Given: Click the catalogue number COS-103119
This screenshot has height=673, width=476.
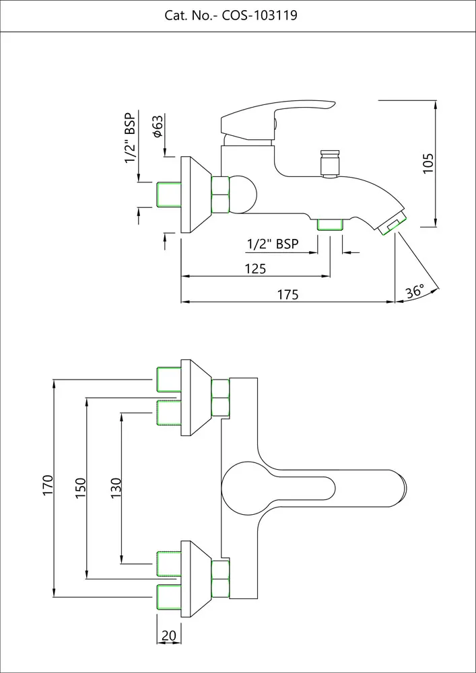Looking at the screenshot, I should click(x=259, y=15).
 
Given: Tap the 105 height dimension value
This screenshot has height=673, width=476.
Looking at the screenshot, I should click(x=428, y=164).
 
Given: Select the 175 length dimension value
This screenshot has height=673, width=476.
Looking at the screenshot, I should click(x=287, y=294).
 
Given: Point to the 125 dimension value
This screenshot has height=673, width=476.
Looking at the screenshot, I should click(x=255, y=269).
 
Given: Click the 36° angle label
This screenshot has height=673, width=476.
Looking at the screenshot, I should click(x=415, y=291).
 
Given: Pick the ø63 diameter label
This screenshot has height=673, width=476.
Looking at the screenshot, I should click(x=158, y=127).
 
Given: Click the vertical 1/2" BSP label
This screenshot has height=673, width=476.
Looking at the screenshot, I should click(x=130, y=139).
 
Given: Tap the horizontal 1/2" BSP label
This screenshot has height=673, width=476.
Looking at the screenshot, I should click(x=273, y=244).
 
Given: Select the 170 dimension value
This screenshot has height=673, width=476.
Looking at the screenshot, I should click(x=47, y=486).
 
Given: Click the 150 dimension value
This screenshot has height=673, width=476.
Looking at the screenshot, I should click(x=80, y=488).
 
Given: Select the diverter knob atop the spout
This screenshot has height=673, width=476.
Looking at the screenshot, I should click(x=329, y=164).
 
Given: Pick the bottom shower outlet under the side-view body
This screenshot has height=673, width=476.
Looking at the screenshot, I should click(x=330, y=224).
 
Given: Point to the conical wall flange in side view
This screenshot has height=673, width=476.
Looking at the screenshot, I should click(x=196, y=195).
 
